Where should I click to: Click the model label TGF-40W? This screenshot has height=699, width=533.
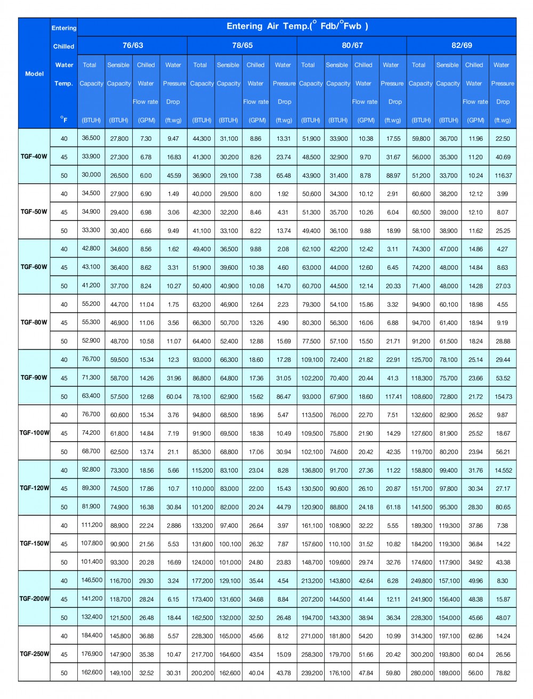pos(34,157)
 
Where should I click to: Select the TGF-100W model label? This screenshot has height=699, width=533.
pos(34,433)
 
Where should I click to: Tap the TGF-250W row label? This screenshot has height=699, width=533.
pos(34,654)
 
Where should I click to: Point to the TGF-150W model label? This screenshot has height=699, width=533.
pos(34,543)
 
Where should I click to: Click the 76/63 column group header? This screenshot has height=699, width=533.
pos(133,45)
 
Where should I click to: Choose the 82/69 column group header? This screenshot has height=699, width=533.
pos(462,45)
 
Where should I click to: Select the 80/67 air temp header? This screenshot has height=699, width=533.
pos(352,45)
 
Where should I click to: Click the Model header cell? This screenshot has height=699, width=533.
pos(34,74)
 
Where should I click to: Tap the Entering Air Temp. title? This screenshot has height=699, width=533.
pos(297,26)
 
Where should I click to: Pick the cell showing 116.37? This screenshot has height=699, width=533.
pos(503,175)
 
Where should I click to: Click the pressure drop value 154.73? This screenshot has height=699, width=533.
pos(503,396)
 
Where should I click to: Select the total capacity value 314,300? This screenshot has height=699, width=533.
pos(421,636)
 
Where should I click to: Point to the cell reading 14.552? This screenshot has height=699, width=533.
pos(503,470)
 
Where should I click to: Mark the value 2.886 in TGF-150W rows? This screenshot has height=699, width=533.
pos(174,525)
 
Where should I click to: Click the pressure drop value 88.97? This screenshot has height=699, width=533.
pos(393,175)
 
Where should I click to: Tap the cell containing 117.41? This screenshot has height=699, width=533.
pos(393,396)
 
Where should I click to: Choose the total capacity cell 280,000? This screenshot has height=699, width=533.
pos(421,673)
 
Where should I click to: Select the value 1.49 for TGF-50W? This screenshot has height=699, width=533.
pos(174,194)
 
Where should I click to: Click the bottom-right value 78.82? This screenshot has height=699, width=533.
pos(503,673)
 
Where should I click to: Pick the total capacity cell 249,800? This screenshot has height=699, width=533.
pos(421,581)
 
